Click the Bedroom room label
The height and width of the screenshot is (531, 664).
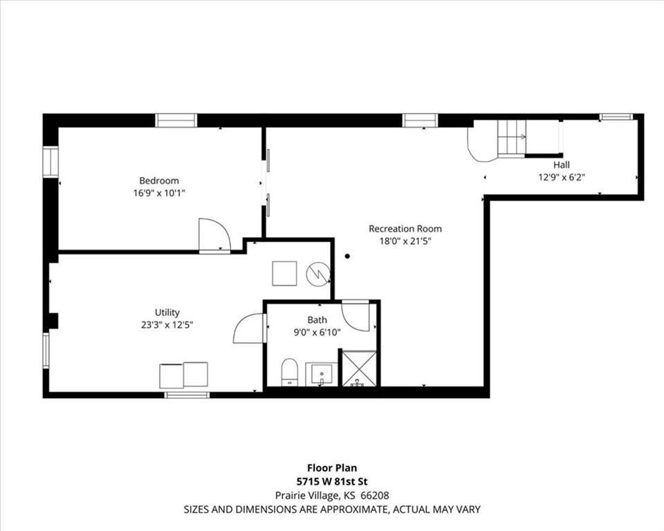pyautogui.click(x=159, y=181)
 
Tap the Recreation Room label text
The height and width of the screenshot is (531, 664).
pyautogui.click(x=405, y=229)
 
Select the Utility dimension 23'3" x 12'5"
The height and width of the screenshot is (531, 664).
pyautogui.click(x=167, y=325)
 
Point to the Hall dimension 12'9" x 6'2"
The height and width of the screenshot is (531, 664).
pyautogui.click(x=562, y=178)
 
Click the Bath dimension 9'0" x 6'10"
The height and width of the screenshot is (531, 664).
pyautogui.click(x=317, y=333)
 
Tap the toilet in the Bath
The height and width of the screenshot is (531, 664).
pyautogui.click(x=290, y=372)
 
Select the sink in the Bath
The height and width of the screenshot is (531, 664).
pyautogui.click(x=322, y=374)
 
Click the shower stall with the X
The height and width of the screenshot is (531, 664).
pyautogui.click(x=359, y=369)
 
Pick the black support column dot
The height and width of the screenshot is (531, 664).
pyautogui.click(x=347, y=256)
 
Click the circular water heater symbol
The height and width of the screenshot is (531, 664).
pyautogui.click(x=318, y=274)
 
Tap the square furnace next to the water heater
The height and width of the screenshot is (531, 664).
pyautogui.click(x=284, y=274)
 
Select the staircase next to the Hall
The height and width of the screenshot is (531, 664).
pyautogui.click(x=512, y=138)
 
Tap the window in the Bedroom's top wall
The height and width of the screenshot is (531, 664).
pyautogui.click(x=176, y=120)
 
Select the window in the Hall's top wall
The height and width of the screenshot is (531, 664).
pyautogui.click(x=616, y=117)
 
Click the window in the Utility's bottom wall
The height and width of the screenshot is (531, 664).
pyautogui.click(x=187, y=395)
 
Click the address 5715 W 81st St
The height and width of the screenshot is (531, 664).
pyautogui.click(x=332, y=481)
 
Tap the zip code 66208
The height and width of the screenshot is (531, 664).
pyautogui.click(x=374, y=495)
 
